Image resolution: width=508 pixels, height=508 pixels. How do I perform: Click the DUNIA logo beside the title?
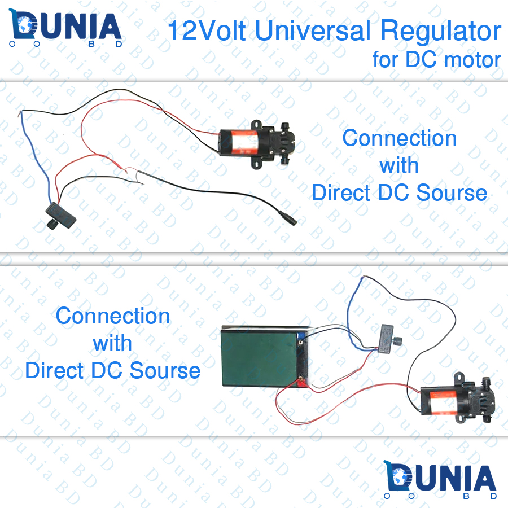point(66,28)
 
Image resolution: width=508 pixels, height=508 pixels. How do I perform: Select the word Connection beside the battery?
point(113,316)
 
